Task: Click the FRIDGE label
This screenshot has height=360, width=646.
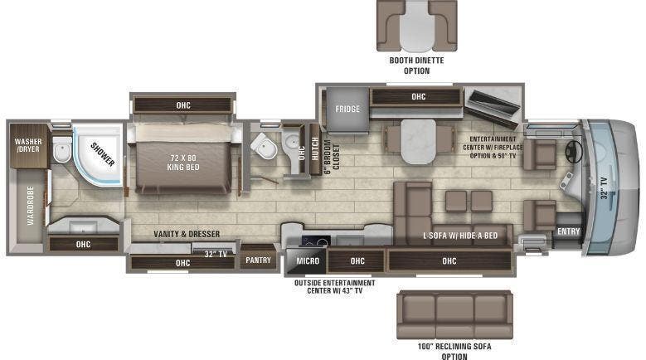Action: click(x=347, y=109)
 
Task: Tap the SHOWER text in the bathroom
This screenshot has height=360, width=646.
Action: click(x=103, y=154)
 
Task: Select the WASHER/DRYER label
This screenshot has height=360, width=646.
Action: click(x=27, y=147)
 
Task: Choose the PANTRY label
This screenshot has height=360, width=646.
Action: click(x=258, y=260)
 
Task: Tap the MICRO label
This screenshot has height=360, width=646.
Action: click(x=308, y=261)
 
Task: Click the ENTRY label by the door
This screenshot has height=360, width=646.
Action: click(x=568, y=231)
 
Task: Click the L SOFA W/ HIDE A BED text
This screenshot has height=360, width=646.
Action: click(x=459, y=236)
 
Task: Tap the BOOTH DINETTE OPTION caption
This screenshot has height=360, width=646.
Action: click(x=417, y=66)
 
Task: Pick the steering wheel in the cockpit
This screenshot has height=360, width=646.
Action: click(x=572, y=153)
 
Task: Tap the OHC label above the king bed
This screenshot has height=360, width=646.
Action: click(x=182, y=105)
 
